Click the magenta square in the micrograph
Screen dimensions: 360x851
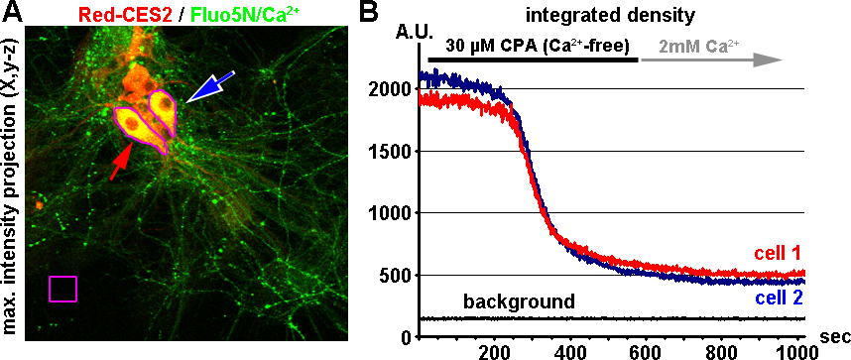click(62, 288)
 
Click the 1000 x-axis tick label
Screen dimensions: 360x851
click(794, 350)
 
